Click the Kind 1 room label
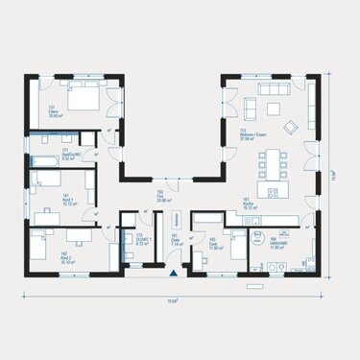42,199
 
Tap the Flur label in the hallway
160,194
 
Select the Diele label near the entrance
176,241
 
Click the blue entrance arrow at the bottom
174,274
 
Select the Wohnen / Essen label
251,134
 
